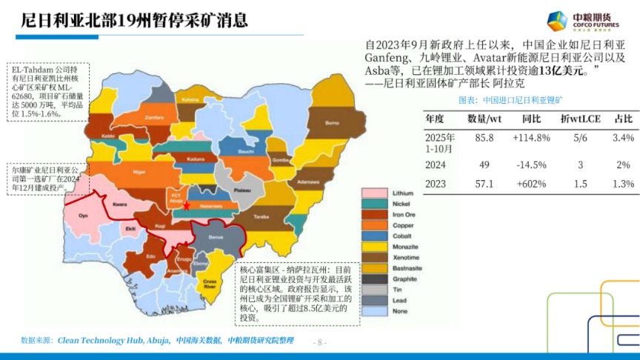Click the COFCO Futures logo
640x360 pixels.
tap(587, 21)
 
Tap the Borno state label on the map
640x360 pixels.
tap(333, 122)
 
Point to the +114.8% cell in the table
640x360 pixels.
tap(531, 138)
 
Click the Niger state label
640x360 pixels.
tap(138, 172)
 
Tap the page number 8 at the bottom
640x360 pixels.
tap(321, 342)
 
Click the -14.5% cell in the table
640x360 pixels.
tap(531, 164)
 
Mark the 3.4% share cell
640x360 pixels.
tap(624, 138)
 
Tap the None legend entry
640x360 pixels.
tap(401, 310)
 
